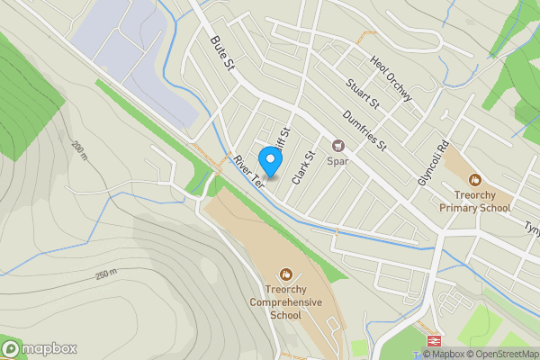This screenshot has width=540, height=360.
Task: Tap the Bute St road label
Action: (221, 55)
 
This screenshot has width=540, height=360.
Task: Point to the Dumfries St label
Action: (364, 130)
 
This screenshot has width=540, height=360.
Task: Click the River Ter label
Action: (248, 171)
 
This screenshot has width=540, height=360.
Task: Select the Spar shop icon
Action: (338, 146)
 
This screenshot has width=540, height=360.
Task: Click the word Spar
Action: (337, 163)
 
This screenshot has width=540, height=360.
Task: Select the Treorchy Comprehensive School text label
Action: (285, 302)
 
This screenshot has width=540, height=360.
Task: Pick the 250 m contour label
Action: (106, 273)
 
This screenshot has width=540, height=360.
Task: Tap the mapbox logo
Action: (40, 348)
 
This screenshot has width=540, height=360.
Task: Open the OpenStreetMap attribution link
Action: (501, 354)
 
